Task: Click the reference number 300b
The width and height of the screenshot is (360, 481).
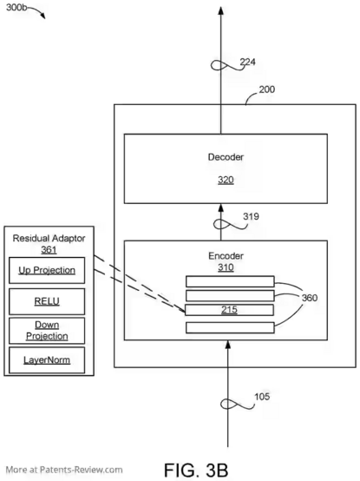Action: (16, 7)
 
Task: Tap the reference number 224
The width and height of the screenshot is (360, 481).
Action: (247, 62)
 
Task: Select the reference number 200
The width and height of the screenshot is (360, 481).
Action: (267, 89)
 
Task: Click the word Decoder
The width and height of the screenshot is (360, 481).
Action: (226, 157)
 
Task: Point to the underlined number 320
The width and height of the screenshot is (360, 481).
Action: (226, 180)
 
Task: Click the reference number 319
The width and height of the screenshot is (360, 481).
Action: (251, 216)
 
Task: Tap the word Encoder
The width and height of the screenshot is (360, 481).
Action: (226, 256)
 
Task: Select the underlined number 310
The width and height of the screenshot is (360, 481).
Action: (226, 267)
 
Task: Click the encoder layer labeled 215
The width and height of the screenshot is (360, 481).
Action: (230, 310)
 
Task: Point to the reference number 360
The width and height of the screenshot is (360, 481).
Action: (310, 298)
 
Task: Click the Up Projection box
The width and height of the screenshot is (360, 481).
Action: (47, 270)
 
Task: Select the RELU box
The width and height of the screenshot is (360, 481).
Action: (47, 301)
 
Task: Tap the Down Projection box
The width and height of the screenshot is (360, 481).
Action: (47, 331)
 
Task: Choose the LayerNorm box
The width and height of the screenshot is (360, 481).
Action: (47, 359)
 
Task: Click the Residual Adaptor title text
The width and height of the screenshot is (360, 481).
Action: (49, 239)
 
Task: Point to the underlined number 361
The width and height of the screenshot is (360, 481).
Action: (49, 250)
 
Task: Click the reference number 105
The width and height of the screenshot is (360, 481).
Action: (262, 397)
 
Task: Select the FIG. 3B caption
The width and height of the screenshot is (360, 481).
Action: (196, 470)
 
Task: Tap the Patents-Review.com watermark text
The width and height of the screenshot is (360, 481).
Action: (64, 470)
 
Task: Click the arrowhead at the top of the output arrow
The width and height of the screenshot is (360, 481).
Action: (220, 10)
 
